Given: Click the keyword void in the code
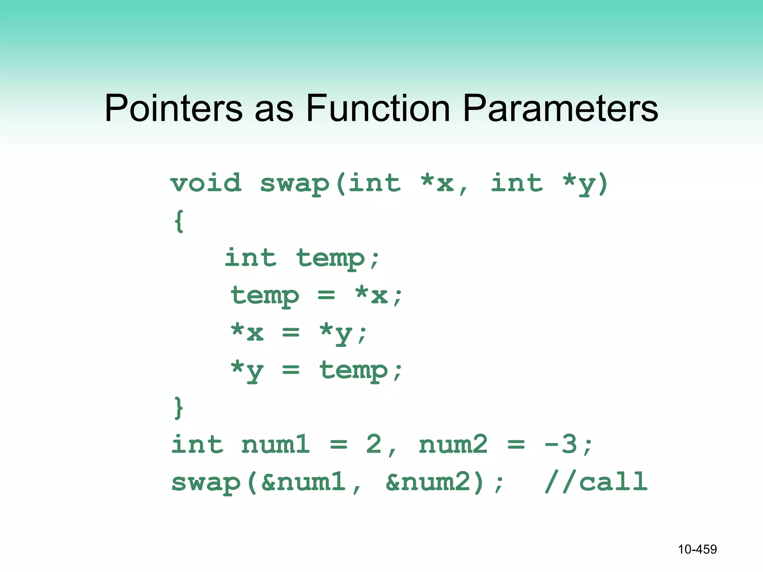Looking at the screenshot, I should pyautogui.click(x=206, y=183).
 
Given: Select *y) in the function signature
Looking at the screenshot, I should pyautogui.click(x=585, y=184).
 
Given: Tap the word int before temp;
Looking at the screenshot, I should pyautogui.click(x=251, y=258).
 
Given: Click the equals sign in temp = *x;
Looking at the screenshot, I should pyautogui.click(x=326, y=296).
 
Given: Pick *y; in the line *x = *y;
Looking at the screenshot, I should pyautogui.click(x=343, y=333).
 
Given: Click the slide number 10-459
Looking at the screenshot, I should pyautogui.click(x=697, y=549).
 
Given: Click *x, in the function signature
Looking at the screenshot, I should pyautogui.click(x=443, y=184).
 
